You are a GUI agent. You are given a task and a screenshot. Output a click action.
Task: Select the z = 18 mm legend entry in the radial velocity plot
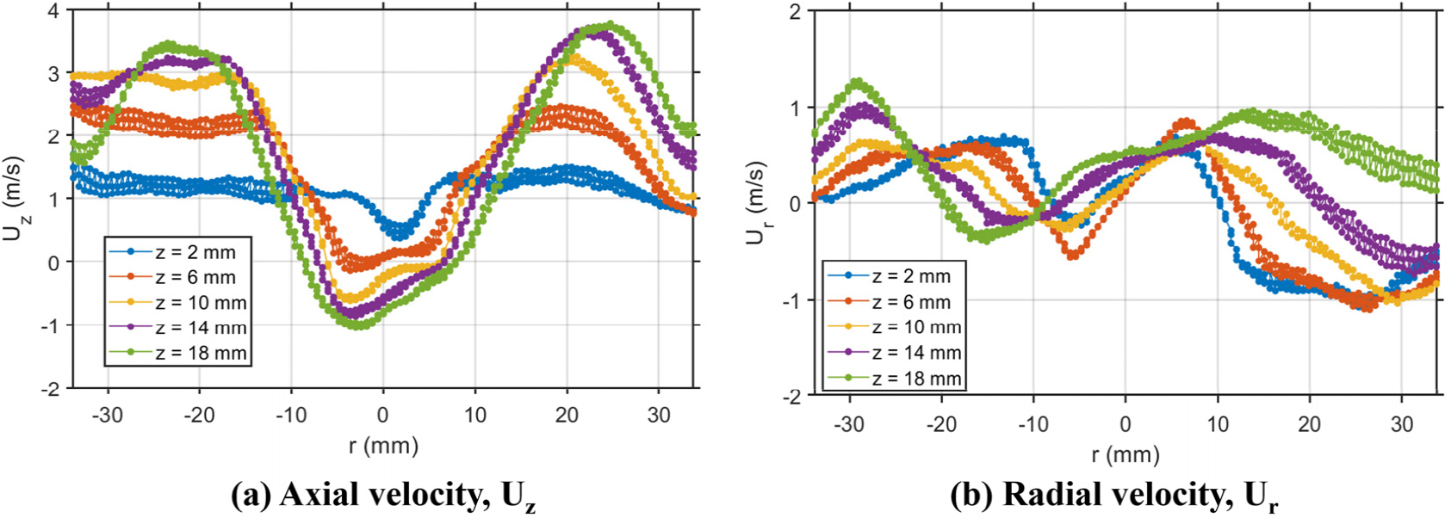[895, 378]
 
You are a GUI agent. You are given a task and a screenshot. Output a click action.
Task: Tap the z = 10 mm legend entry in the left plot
[178, 302]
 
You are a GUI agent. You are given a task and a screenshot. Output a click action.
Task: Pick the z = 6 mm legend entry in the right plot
[890, 301]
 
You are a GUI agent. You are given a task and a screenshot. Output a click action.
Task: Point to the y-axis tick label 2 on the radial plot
[791, 11]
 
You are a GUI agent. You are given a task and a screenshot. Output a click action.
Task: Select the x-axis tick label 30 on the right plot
[1401, 424]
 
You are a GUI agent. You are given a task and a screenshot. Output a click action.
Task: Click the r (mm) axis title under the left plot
[383, 446]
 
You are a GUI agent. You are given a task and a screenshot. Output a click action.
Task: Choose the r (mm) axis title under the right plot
[1125, 454]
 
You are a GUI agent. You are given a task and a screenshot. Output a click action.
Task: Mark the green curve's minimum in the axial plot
[360, 325]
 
